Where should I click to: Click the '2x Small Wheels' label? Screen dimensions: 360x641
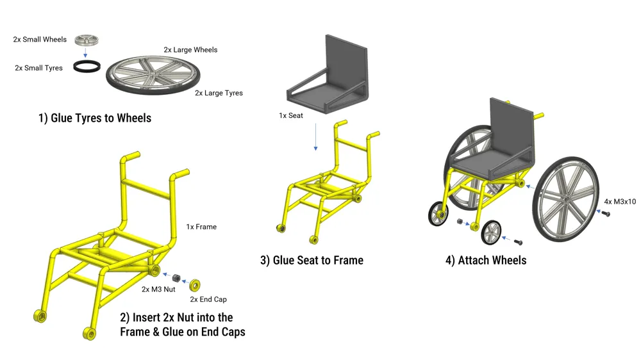coord(40,40)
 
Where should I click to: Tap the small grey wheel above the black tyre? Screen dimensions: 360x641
coord(85,40)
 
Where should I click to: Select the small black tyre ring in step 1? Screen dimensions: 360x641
coord(85,66)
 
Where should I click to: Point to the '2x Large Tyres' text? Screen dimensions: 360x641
coord(219,93)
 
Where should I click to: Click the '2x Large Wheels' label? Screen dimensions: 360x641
coord(190,50)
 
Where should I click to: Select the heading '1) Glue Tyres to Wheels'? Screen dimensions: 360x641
coord(95,118)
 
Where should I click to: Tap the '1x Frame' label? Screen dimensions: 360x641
coord(201,227)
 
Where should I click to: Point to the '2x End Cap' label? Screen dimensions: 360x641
coord(208,299)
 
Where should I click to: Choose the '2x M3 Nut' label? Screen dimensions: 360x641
coord(159,290)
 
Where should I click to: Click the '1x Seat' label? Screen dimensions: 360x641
coord(290,116)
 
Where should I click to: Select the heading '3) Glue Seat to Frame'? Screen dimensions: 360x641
coord(312,260)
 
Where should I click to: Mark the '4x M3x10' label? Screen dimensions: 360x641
coord(620,202)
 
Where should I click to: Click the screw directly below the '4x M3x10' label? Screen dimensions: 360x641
coord(606,213)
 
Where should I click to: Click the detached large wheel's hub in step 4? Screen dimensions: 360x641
coord(563,200)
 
